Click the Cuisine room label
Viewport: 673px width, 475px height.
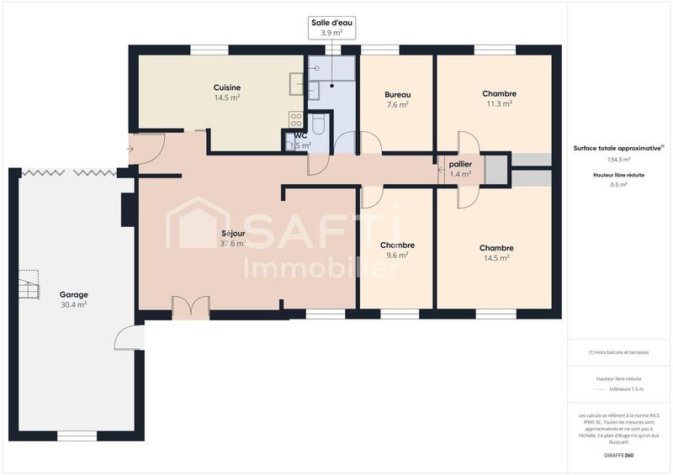227,87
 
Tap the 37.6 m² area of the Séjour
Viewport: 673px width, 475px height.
232,244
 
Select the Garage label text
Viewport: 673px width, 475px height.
74,294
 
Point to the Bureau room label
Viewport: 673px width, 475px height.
397,94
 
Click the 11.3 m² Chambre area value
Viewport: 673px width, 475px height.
499,104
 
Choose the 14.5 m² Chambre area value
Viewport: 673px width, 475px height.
496,258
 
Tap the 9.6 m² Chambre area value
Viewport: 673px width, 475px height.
397,255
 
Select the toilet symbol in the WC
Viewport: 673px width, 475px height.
318,125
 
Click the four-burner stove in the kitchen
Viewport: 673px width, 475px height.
296,119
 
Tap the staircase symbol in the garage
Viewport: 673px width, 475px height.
29,284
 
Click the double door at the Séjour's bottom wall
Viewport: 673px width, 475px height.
190,306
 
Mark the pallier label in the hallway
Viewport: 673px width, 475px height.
460,164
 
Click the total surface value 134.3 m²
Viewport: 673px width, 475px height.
619,159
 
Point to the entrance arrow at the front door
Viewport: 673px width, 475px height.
129,150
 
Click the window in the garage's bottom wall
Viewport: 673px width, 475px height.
77,435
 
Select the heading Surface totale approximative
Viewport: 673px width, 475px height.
618,147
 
